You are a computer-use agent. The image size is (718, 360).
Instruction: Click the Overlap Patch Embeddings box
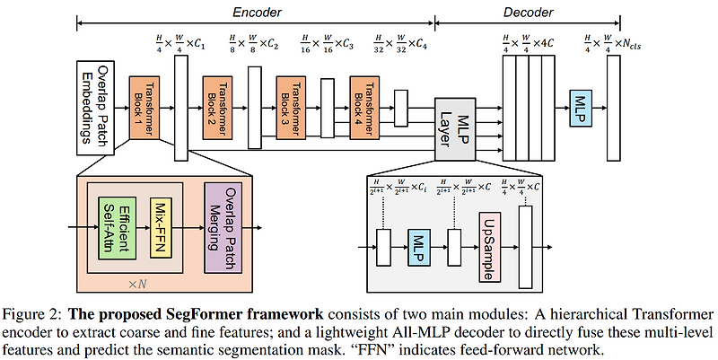click(x=96, y=110)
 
